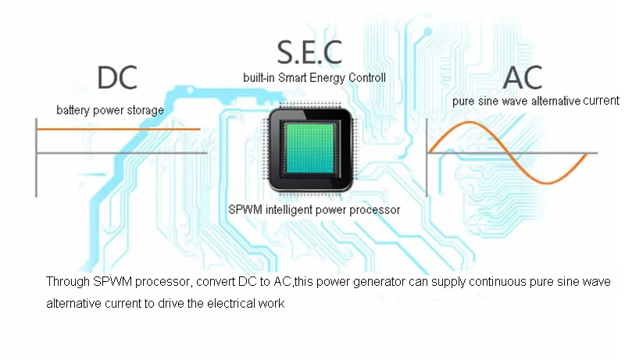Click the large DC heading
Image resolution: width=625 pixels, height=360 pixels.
(117, 77)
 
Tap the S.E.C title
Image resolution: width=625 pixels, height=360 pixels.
(309, 52)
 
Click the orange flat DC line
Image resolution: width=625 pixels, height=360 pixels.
(117, 130)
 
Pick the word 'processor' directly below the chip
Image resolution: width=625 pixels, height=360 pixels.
(377, 209)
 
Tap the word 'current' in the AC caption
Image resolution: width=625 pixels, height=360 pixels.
(601, 101)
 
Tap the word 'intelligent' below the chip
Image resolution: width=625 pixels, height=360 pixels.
(287, 209)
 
